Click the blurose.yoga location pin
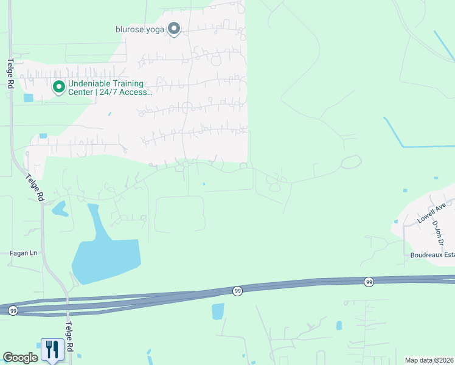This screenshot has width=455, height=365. (174, 29)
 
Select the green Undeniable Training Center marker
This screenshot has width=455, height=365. (59, 88)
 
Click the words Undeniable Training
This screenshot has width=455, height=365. (106, 84)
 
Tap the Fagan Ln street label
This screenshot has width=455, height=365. (23, 252)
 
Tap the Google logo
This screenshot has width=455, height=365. (20, 358)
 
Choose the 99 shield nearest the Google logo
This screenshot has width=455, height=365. (13, 310)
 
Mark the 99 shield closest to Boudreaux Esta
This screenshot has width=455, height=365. (369, 282)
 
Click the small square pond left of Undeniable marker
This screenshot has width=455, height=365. (29, 97)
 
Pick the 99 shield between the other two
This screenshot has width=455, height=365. (237, 291)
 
